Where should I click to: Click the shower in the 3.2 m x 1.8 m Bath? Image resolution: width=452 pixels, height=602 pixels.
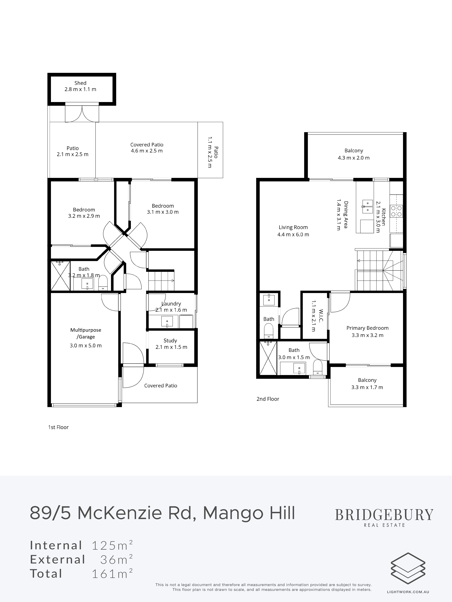click(60, 276)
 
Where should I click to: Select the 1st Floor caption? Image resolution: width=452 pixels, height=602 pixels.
click(58, 427)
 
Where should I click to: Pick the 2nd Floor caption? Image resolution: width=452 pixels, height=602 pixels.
click(268, 399)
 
